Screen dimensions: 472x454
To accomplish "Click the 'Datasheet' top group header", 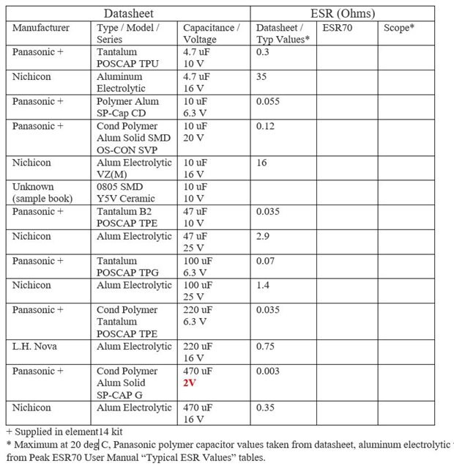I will [128, 13].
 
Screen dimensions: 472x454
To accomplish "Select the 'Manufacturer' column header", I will [41, 28].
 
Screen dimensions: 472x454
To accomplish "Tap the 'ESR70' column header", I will [336, 28].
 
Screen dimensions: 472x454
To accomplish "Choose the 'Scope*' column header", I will [399, 28].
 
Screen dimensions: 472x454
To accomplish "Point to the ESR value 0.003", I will [269, 371].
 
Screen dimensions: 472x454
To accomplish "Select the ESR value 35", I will [262, 76].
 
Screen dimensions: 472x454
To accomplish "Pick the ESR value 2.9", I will [264, 236].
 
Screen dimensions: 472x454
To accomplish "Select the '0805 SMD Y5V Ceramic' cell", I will [127, 193].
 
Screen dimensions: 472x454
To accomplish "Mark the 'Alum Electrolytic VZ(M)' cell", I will [134, 168].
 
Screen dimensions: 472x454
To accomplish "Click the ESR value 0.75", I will [267, 347].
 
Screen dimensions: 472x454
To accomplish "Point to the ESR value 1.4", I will [264, 285].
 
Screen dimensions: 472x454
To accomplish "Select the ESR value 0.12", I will [267, 125].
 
